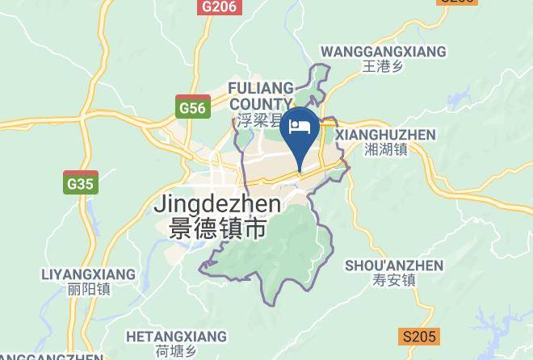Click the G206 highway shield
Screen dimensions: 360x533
pos(219,6)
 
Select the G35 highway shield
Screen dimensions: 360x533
pos(81,183)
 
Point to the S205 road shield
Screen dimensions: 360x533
pos(418,337)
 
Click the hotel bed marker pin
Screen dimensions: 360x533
pos(301,129)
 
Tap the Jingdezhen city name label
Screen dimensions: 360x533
pos(217,204)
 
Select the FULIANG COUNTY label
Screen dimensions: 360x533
pos(260,94)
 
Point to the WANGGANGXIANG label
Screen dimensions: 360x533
pos(383,52)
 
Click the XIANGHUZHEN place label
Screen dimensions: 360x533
pos(385,135)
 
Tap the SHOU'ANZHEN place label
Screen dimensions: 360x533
pos(394,266)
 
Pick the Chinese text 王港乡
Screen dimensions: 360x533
pos(383,67)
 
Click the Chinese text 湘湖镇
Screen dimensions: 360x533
pos(385,149)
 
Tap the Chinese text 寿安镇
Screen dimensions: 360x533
pos(394,281)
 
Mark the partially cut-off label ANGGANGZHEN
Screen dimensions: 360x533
pos(52,356)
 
